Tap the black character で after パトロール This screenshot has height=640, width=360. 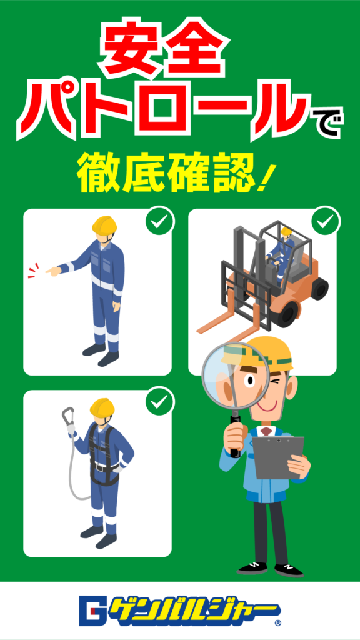tap(326, 122)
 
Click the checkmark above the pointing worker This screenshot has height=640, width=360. tap(160, 222)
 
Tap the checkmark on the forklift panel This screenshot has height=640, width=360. tap(325, 222)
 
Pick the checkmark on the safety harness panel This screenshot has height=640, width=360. tap(160, 404)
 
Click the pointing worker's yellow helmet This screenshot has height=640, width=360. tap(104, 225)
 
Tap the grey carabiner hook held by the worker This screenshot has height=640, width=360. tap(68, 416)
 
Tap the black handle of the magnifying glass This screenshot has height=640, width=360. tap(236, 435)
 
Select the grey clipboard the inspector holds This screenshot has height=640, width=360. tap(279, 457)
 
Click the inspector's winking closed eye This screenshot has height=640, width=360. tap(278, 382)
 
